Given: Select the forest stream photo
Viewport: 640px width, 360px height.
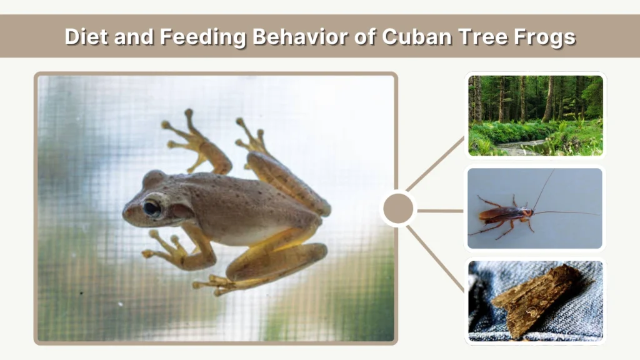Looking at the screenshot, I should point(536,116).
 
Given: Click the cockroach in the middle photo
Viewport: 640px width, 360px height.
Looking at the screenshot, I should point(505,215).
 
